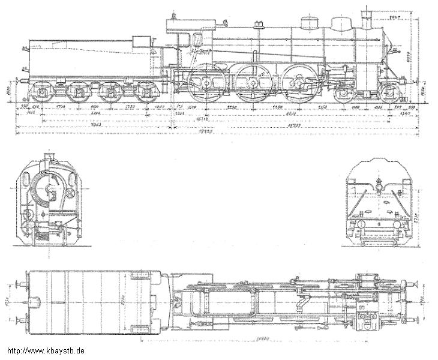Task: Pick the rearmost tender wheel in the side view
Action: click(x=41, y=93)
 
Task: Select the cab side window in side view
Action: click(x=197, y=40)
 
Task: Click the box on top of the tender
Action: click(x=142, y=41)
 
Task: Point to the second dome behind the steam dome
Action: click(x=310, y=23)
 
